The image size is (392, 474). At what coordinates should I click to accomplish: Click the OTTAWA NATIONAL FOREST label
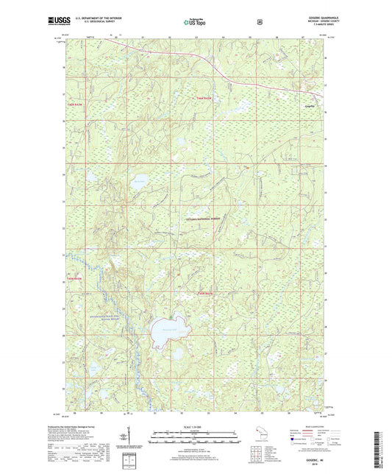[x=206, y=220]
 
